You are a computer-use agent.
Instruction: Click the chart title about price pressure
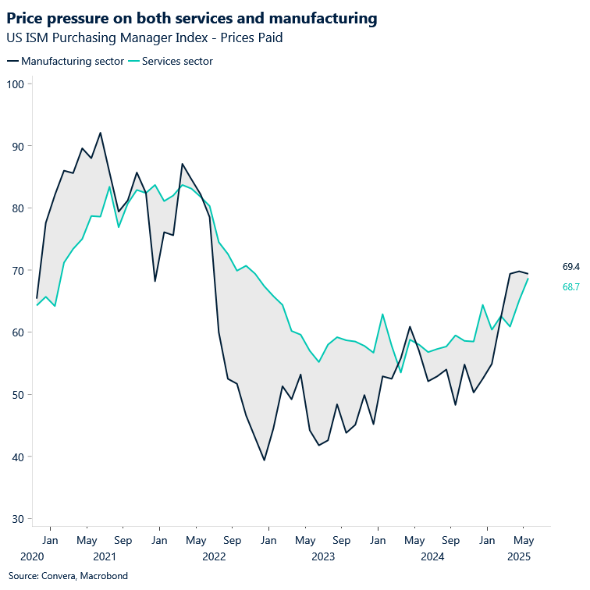pos(192,18)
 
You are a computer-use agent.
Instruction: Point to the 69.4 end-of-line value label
pos(570,267)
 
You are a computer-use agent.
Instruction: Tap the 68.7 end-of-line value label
pos(570,287)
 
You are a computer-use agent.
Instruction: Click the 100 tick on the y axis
pos(16,84)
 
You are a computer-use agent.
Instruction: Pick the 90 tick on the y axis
pos(18,146)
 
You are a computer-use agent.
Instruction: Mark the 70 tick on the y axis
pos(18,270)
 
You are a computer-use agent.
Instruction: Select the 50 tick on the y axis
pos(18,395)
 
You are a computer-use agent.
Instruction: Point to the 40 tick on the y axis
pos(18,457)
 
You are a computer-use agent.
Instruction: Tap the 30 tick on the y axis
pos(18,519)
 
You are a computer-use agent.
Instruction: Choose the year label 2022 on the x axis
pos(214,557)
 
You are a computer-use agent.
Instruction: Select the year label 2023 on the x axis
pos(323,557)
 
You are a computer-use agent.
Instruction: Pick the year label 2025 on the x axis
pos(520,557)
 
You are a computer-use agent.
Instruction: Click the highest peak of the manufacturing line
pos(101,133)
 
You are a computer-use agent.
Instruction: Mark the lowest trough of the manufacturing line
pos(265,460)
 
